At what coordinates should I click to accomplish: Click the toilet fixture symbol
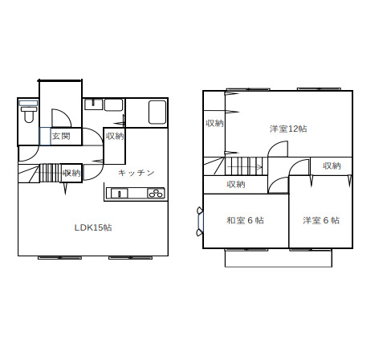pyautogui.click(x=29, y=112)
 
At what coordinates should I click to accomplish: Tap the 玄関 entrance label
pyautogui.click(x=61, y=137)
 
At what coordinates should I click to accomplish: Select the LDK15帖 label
pyautogui.click(x=93, y=227)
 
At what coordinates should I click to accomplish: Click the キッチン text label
pyautogui.click(x=136, y=173)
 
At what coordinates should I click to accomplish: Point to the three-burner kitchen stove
pyautogui.click(x=156, y=193)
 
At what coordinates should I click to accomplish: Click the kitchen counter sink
pyautogui.click(x=120, y=193)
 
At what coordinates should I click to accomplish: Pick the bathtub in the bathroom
pyautogui.click(x=157, y=112)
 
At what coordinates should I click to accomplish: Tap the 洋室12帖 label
pyautogui.click(x=288, y=129)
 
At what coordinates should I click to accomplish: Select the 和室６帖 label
pyautogui.click(x=245, y=220)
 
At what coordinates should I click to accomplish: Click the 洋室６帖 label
pyautogui.click(x=321, y=220)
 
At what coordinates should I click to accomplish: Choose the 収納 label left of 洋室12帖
pyautogui.click(x=214, y=123)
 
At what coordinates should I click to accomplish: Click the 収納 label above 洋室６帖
pyautogui.click(x=332, y=166)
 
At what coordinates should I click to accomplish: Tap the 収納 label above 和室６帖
pyautogui.click(x=236, y=184)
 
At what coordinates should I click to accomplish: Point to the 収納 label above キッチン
pyautogui.click(x=115, y=137)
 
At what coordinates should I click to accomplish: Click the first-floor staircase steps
pyautogui.click(x=50, y=173)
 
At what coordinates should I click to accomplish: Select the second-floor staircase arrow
pyautogui.click(x=243, y=167)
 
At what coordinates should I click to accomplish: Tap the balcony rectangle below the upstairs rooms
pyautogui.click(x=279, y=258)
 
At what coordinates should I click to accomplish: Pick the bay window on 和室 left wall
pyautogui.click(x=200, y=222)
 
